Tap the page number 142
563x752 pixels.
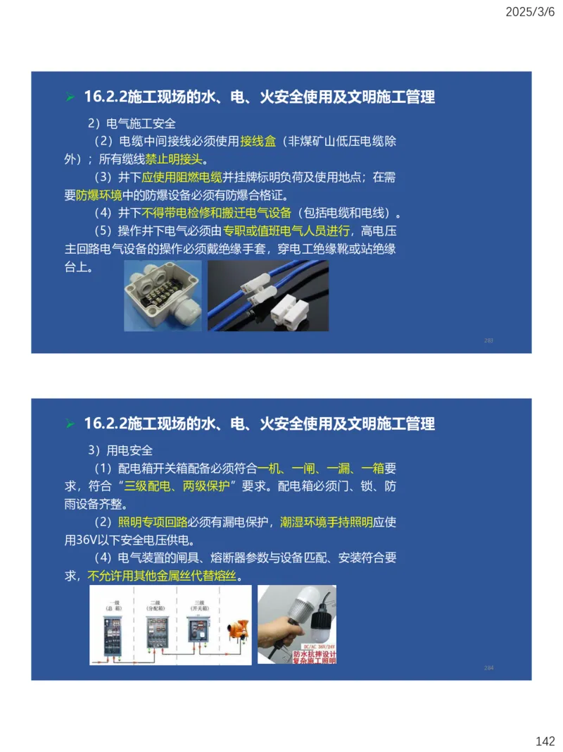click(x=545, y=741)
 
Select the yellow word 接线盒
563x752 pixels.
click(x=258, y=141)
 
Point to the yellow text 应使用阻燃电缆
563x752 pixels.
click(x=182, y=177)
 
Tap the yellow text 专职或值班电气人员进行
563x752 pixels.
click(x=286, y=230)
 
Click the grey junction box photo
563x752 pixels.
click(x=163, y=296)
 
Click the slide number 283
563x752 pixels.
click(x=488, y=340)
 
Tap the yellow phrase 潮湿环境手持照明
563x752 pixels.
click(x=326, y=522)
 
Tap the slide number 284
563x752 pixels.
click(x=488, y=667)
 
